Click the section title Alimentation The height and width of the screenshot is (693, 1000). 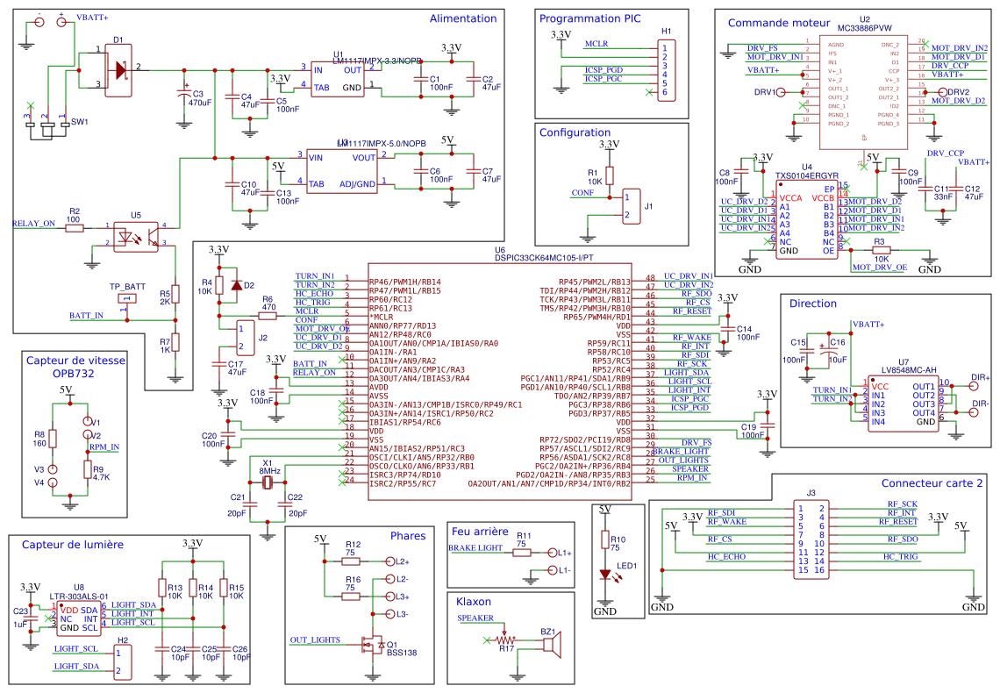click(x=462, y=18)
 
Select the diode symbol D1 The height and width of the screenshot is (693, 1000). click(x=118, y=68)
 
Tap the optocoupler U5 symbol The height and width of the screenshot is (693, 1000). click(x=135, y=235)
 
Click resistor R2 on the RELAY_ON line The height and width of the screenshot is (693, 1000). click(x=75, y=227)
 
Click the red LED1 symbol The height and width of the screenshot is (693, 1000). click(x=604, y=575)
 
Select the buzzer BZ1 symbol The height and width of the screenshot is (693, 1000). click(x=551, y=646)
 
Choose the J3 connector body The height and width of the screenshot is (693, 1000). click(x=811, y=539)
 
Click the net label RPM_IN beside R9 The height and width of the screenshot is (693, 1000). click(x=104, y=447)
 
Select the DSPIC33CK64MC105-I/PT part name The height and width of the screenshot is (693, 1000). click(x=544, y=258)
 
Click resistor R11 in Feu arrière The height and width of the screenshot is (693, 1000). click(x=523, y=553)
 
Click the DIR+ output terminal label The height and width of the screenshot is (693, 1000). click(x=980, y=378)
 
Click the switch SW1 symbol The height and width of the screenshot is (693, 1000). click(x=46, y=128)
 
